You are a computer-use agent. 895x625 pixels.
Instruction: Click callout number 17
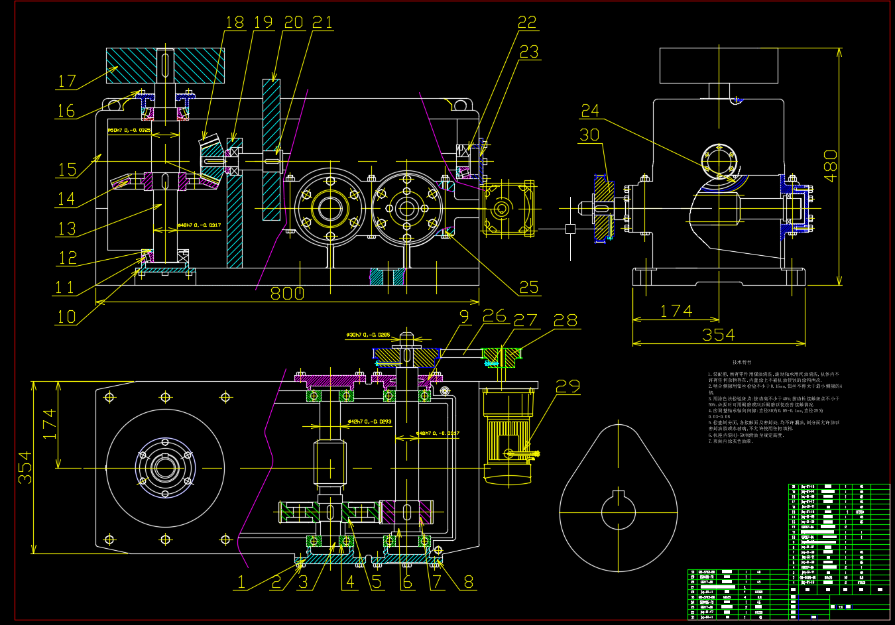point(67,82)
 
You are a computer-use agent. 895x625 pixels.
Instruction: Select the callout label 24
point(590,111)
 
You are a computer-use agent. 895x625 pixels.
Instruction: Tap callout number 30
point(589,135)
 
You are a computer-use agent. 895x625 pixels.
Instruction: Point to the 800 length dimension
point(287,294)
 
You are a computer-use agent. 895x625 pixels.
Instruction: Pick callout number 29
point(567,386)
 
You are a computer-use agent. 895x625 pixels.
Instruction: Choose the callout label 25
point(529,288)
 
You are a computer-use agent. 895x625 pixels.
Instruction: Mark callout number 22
point(527,23)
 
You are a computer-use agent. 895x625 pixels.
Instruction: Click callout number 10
point(67,317)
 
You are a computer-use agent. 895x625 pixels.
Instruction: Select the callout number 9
point(464,317)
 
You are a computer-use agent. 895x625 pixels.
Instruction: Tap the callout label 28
point(566,320)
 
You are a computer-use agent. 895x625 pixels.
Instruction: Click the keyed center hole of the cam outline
point(619,511)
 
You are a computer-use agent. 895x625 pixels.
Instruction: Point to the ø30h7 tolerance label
point(368,335)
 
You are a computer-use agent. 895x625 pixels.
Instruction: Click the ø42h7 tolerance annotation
point(369,422)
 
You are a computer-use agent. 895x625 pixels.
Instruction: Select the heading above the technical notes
point(742,363)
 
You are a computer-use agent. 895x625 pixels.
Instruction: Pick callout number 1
point(241,583)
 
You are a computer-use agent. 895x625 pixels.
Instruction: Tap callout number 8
point(469,583)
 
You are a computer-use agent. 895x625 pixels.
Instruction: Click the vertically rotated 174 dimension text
point(50,424)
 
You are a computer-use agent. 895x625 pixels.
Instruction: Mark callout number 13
point(67,229)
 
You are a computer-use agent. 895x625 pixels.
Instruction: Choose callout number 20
point(293,23)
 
